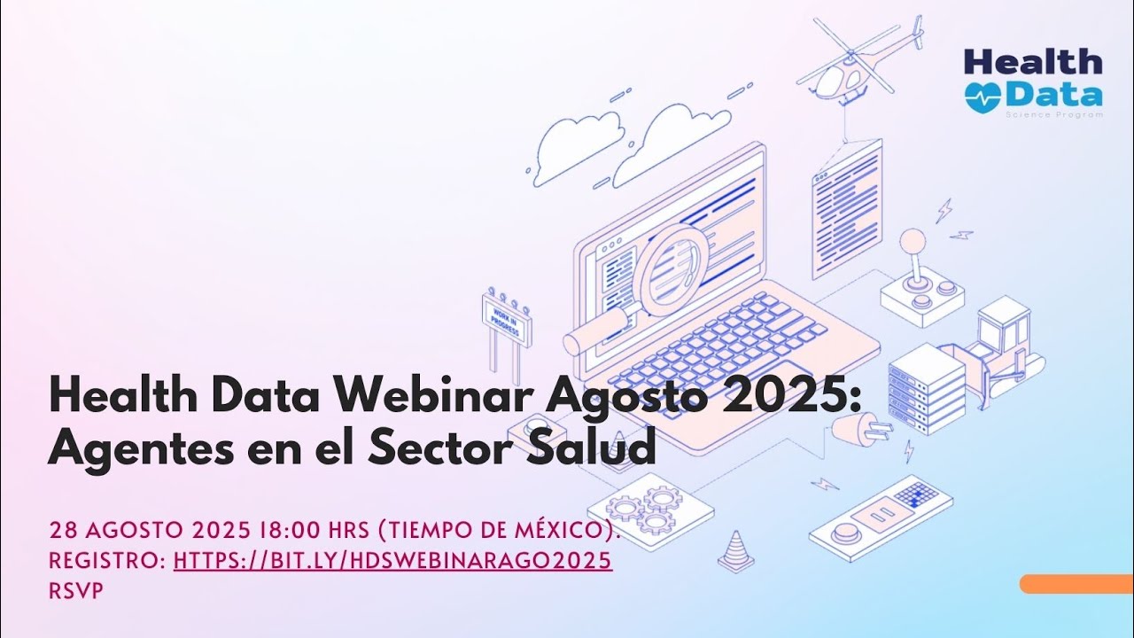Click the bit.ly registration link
click(x=392, y=560)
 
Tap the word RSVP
click(x=75, y=590)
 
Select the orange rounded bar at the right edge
click(x=1076, y=584)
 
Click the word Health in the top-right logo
click(x=1033, y=62)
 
